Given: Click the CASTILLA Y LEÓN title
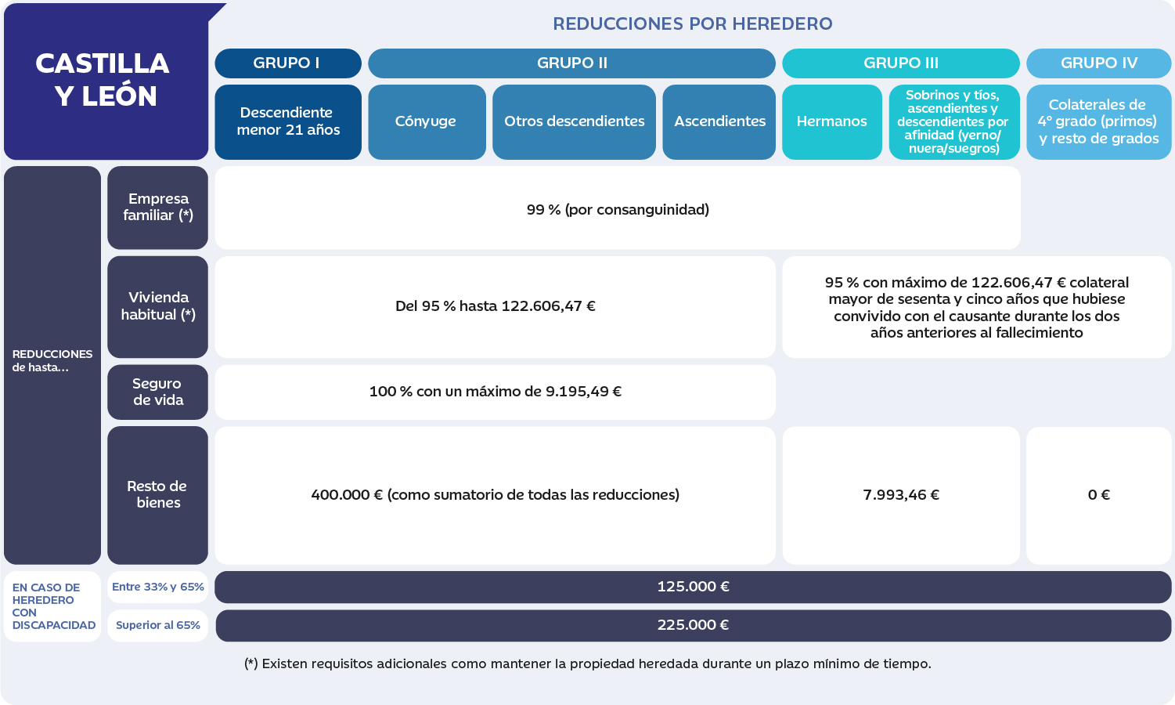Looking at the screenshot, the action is [103, 80].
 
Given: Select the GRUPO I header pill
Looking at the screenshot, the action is [288, 63].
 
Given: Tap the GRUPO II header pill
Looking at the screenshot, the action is [571, 63].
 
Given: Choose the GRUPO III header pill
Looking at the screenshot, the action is [901, 63].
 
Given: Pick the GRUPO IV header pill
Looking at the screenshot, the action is [1099, 63].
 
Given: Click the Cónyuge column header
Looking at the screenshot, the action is [427, 121].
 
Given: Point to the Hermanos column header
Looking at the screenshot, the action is [832, 121].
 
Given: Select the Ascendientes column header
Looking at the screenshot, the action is [719, 121].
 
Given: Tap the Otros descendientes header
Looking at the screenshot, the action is [574, 121].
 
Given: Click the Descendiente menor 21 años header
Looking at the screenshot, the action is [288, 121].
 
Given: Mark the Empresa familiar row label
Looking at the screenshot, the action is [158, 208].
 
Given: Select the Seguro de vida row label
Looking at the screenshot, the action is [158, 392].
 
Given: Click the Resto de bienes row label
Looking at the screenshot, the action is [158, 495].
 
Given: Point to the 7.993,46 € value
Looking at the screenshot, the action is [901, 494].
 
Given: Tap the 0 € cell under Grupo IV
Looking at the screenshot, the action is [1099, 495].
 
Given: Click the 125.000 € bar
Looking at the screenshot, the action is [693, 587].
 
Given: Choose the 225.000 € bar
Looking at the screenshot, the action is [693, 625].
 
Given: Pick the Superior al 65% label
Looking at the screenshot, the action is [158, 625].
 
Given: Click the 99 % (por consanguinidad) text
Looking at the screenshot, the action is [618, 210].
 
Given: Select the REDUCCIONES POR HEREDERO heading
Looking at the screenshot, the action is [693, 23].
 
